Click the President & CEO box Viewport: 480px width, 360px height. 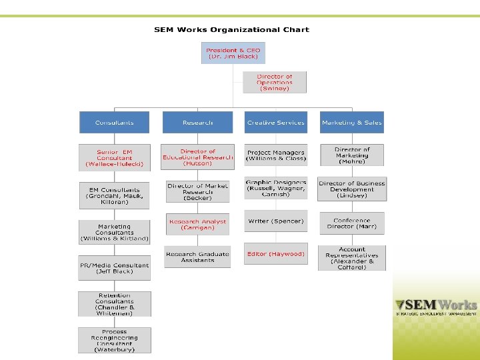coord(233,53)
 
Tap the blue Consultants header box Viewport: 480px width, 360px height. coord(115,123)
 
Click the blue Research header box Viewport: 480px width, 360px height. coord(197,123)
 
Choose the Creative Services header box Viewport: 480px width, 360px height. coord(275,123)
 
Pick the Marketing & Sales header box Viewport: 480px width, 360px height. coord(351,123)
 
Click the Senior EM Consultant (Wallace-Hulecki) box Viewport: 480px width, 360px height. coord(115,157)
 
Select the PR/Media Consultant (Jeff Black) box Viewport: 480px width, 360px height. coord(115,268)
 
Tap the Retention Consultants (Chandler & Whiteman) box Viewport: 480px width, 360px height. coord(115,304)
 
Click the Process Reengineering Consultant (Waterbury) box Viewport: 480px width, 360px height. coord(115,340)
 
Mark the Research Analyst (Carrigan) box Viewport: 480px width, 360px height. coord(197,224)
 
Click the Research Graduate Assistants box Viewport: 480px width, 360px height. coord(197,257)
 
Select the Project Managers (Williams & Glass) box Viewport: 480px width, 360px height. coord(275,155)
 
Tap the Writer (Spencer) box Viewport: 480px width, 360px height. coord(275,221)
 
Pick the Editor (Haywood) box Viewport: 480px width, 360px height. coord(275,254)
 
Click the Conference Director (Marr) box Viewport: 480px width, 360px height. coord(351,223)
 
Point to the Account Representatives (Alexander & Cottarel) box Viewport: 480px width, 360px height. coord(351,258)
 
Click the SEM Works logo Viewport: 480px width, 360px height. coord(436,306)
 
